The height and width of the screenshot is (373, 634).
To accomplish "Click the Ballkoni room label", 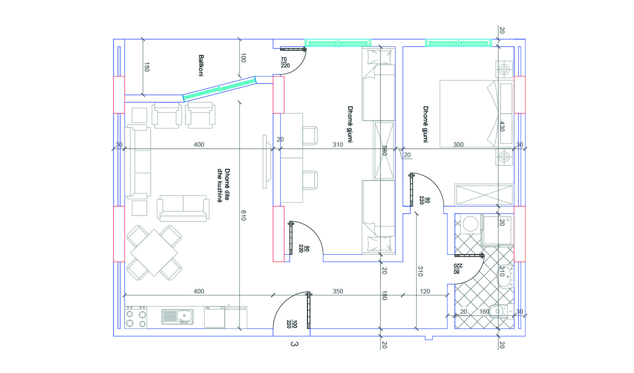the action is pos(201,66).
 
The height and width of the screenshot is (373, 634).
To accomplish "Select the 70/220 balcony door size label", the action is pos(285,63).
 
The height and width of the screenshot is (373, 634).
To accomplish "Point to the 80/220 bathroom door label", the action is pos(458,269).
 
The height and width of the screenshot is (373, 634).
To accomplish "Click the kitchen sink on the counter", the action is pos(178,316).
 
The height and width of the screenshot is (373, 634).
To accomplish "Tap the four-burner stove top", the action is pos(136,317).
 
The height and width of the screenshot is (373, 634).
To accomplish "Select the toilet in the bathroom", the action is pos(502,311).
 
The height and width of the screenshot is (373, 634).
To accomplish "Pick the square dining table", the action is pos(154,253).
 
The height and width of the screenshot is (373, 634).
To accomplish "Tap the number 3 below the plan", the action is pos(294,344).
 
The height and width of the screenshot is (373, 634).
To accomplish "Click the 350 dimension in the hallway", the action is pos(338,291).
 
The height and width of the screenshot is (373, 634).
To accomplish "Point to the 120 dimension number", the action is pos(425,291).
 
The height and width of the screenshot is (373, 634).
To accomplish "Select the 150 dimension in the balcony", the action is pos(147,67).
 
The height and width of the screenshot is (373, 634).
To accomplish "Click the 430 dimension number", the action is pos(502,126).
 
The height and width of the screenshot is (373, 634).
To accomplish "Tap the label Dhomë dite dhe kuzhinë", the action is pos(223,185).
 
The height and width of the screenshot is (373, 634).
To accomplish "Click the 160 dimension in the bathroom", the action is pos(484,311).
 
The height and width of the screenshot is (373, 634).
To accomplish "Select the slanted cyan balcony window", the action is pos(220,89).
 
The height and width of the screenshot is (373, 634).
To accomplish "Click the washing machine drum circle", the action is pos(470,224).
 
